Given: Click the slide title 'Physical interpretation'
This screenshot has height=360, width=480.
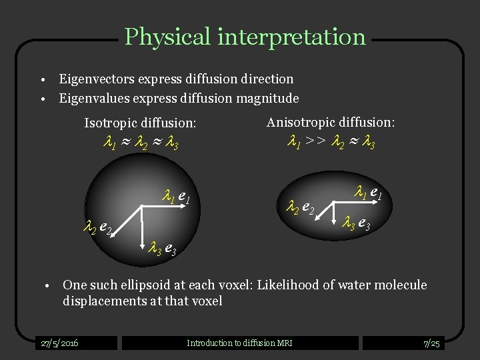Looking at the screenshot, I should (x=245, y=36).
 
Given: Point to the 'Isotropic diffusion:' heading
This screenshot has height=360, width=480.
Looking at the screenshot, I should (x=140, y=123).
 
